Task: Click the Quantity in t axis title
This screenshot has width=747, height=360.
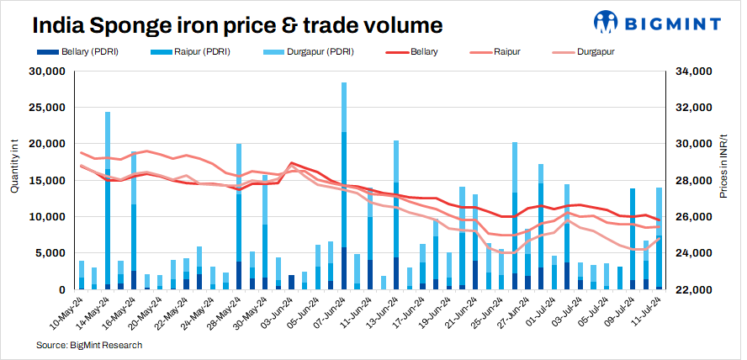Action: tap(14, 168)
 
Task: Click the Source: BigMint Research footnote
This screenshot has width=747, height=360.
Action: tap(88, 345)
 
